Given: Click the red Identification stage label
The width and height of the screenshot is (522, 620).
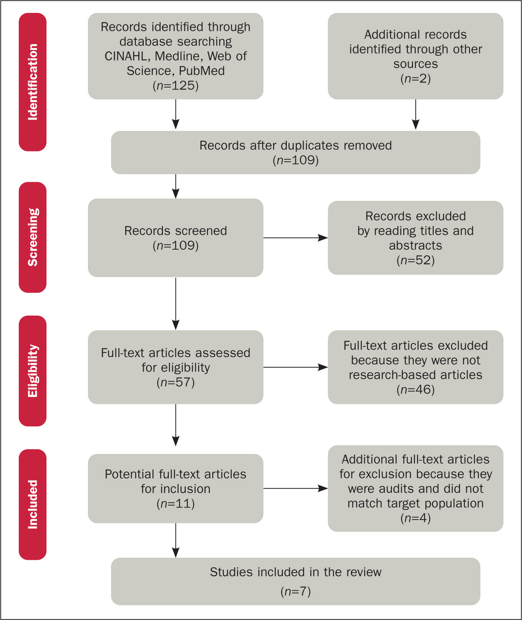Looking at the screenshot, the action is pyautogui.click(x=33, y=82).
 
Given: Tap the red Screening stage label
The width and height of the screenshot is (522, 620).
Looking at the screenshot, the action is pyautogui.click(x=33, y=237).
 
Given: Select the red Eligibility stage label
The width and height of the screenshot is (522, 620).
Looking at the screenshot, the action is pyautogui.click(x=33, y=371).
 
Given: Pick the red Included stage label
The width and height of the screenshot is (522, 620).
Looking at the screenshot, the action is pyautogui.click(x=33, y=504).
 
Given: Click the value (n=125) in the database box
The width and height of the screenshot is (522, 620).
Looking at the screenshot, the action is pyautogui.click(x=175, y=86).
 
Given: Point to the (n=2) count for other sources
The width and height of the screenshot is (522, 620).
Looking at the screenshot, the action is pyautogui.click(x=415, y=79).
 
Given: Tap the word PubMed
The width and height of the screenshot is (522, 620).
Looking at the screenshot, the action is pyautogui.click(x=202, y=71).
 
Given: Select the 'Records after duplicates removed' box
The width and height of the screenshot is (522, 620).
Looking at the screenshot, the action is pyautogui.click(x=295, y=152).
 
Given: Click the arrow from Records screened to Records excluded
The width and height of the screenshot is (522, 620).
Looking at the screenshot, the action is pyautogui.click(x=295, y=238).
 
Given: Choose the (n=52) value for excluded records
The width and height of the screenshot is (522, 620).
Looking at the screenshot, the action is pyautogui.click(x=415, y=260).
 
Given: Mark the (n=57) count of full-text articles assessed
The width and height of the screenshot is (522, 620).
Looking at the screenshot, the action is pyautogui.click(x=175, y=382).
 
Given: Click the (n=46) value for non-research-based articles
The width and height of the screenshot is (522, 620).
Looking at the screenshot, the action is pyautogui.click(x=415, y=390).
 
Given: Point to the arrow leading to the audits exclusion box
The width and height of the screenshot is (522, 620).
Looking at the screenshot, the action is pyautogui.click(x=295, y=488).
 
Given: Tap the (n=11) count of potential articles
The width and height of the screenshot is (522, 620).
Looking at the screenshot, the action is pyautogui.click(x=175, y=504).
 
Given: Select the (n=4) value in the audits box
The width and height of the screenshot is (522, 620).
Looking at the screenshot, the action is pyautogui.click(x=415, y=518).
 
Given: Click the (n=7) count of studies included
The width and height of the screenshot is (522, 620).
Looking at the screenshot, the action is pyautogui.click(x=295, y=591).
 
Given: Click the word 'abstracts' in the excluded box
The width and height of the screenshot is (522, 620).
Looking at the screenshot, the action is pyautogui.click(x=415, y=246).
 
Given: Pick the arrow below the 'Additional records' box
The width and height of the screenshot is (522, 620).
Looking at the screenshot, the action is pyautogui.click(x=416, y=114).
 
